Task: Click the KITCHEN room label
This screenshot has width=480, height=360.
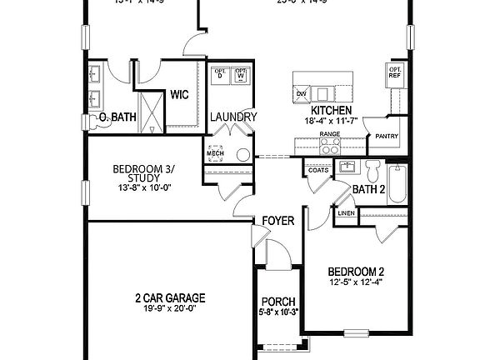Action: [331, 111]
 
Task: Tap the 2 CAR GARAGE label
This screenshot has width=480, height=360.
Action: [170, 297]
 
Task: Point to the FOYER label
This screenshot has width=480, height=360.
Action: [277, 221]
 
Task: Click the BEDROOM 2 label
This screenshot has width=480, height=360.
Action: [356, 272]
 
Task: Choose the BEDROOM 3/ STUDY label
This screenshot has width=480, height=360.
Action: [144, 173]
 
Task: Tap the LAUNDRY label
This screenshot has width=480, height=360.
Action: [233, 117]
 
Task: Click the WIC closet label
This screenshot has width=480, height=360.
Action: [180, 95]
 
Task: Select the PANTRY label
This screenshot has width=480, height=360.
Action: [386, 136]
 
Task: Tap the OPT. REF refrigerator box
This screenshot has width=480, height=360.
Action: [394, 72]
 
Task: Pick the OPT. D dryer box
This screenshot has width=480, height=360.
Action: [221, 74]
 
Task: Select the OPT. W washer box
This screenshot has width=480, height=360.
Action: [241, 74]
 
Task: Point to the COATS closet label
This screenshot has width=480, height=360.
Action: [318, 170]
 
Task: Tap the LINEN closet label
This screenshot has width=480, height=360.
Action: [346, 213]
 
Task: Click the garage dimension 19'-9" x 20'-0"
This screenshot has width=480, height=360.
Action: [170, 309]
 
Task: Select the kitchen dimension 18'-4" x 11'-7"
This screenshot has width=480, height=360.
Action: [331, 122]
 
